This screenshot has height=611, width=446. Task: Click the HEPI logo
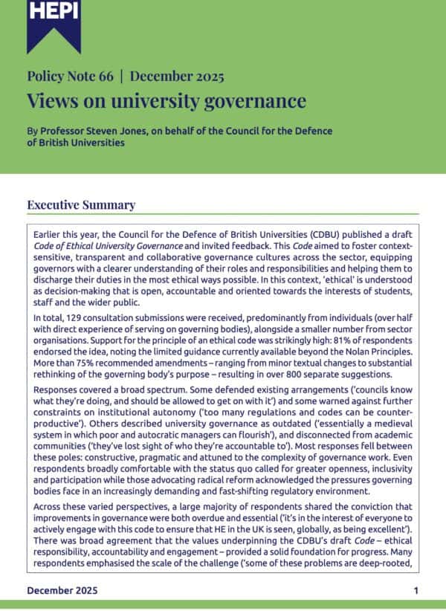pyautogui.click(x=54, y=22)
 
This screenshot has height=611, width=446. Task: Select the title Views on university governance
pyautogui.click(x=166, y=100)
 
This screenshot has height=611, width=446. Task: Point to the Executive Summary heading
pyautogui.click(x=81, y=205)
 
